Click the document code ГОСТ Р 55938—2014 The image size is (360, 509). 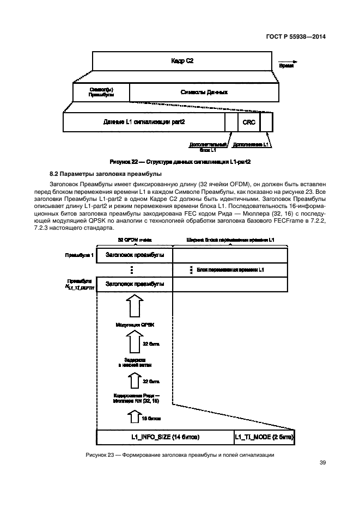tap(296, 38)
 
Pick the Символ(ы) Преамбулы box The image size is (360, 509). tap(101, 92)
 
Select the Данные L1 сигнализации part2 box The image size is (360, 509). tap(144, 122)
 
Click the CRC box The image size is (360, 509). tap(249, 122)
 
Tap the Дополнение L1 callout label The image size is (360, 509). tap(251, 145)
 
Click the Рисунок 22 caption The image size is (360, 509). tap(180, 162)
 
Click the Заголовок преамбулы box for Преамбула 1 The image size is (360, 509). tap(134, 255)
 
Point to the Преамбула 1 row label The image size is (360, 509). tap(80, 255)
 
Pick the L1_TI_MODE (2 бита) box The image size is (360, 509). tap(264, 437)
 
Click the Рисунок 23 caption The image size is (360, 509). tap(180, 455)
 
